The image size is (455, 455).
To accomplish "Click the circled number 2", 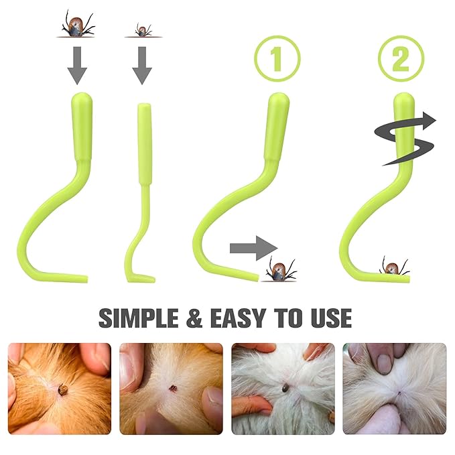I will click(x=401, y=58).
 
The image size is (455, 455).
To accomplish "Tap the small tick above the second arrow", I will click(x=141, y=30).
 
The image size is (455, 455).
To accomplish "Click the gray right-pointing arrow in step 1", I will click(x=253, y=249).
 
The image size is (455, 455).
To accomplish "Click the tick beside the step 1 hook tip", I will click(x=281, y=269).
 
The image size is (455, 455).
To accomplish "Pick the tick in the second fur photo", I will click(x=172, y=388).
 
